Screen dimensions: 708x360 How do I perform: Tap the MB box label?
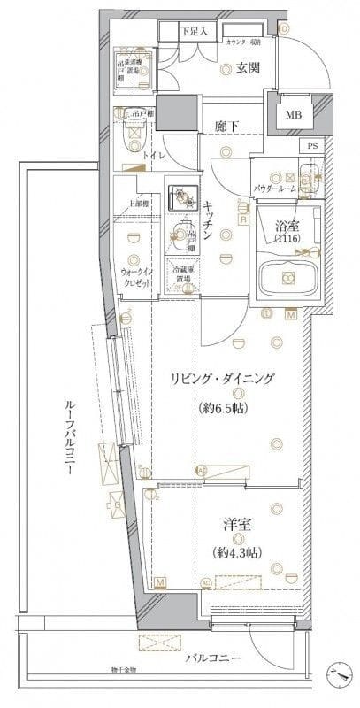click(292, 114)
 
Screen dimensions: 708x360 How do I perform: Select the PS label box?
click(310, 146)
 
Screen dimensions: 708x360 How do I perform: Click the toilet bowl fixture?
click(134, 133)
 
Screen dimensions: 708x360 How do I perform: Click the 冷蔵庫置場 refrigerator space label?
click(183, 274)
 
